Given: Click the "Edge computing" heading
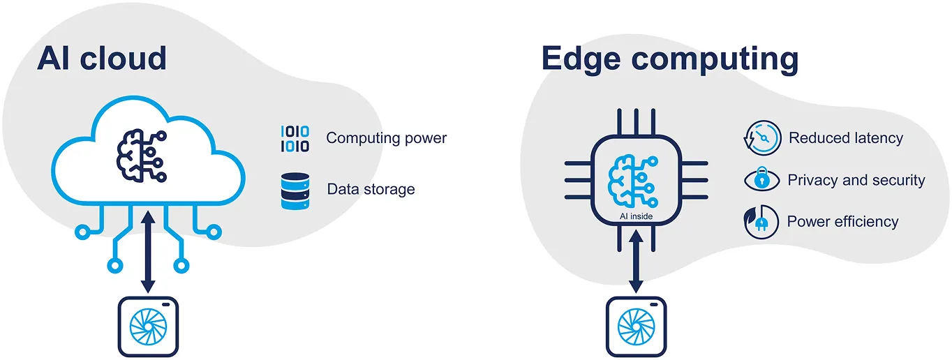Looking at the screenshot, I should click(669, 59).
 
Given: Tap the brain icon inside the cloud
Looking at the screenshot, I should click(140, 153).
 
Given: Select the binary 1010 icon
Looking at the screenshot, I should click(295, 139).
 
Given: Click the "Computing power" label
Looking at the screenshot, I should click(386, 138).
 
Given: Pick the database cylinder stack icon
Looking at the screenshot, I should click(295, 190).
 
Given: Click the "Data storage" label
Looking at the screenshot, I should click(371, 189).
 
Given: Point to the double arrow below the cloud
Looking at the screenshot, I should click(148, 253).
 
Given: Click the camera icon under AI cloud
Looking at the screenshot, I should click(148, 326).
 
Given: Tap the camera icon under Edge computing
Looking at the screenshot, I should click(636, 327).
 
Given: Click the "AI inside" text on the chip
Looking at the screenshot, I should click(636, 216).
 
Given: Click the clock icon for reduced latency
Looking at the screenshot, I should click(761, 137).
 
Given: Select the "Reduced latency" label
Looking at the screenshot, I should click(845, 138).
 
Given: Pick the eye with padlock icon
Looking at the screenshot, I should click(761, 180).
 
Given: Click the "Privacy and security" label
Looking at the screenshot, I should click(856, 180).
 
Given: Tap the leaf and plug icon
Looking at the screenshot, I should click(761, 222).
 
